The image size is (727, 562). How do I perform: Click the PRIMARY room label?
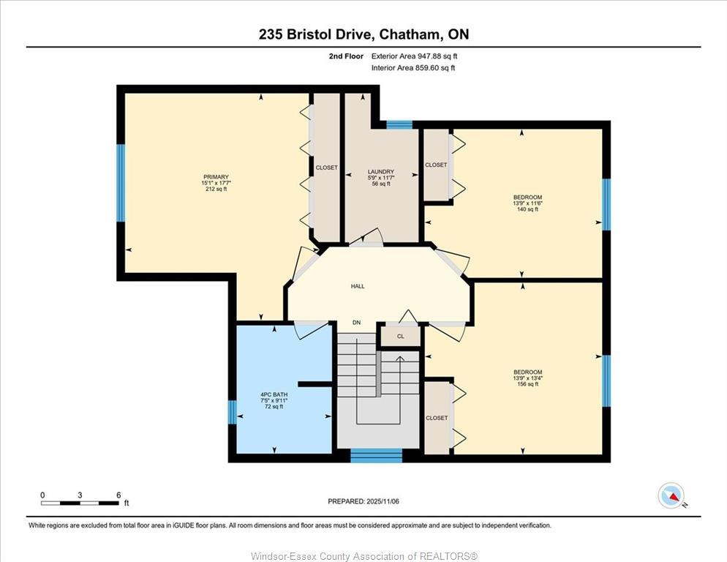pos(216,176)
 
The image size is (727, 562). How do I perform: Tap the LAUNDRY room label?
pos(380,172)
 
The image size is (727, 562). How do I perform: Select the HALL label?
pos(357,286)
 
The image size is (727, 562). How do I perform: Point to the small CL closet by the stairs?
pos(400,337)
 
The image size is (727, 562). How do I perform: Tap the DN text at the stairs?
pos(356,323)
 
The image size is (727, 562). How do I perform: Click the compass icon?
pos(671,495)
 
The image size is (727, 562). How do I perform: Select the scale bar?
pos(80,503)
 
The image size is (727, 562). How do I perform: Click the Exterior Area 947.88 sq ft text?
pos(414,56)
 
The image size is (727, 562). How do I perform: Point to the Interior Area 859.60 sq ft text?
pos(413,68)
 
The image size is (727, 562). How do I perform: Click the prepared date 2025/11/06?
pos(363,501)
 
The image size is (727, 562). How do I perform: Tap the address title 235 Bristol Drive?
pos(363,34)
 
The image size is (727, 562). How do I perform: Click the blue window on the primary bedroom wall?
pos(121,183)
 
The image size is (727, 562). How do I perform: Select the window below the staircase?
pos(376,455)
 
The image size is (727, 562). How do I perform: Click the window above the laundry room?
pos(399,124)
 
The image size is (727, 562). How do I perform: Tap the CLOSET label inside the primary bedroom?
pos(326,168)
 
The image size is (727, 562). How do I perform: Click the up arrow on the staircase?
pos(400,359)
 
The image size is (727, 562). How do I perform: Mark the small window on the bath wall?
pos(232,412)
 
